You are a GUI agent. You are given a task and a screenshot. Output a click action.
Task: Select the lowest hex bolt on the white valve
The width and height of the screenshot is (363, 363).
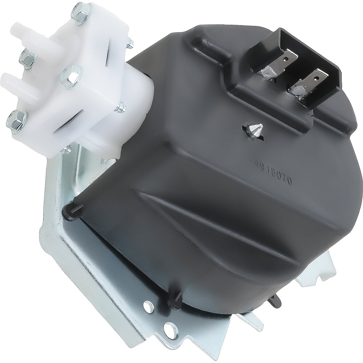coord(17,119)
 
